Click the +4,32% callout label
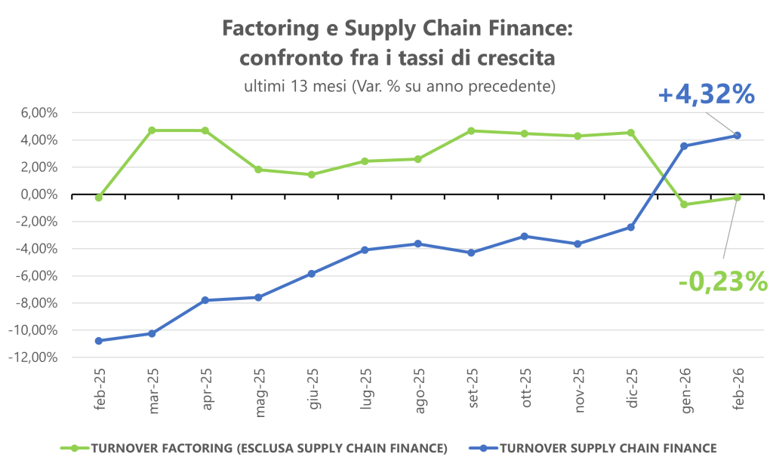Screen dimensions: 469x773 click(706, 95)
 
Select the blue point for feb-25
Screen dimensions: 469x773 click(99, 341)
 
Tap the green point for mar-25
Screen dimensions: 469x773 click(152, 130)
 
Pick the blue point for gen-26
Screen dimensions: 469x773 click(684, 146)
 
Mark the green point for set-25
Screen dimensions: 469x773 click(471, 131)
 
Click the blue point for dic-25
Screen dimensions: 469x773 click(631, 227)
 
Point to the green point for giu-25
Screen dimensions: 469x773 click(312, 174)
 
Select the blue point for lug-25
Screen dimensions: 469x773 click(365, 250)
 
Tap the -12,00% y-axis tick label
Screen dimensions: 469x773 click(33, 357)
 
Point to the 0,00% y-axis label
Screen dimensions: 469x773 click(36, 195)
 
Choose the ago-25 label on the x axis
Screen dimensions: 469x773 click(419, 389)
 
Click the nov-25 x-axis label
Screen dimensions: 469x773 click(579, 389)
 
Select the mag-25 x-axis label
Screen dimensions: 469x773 click(259, 388)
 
